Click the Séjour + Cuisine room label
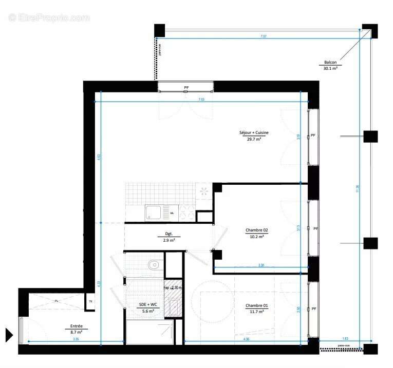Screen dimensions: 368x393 point(254,132)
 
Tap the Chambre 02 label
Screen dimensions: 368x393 point(257,230)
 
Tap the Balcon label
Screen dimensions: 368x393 point(330,63)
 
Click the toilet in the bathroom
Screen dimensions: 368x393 point(153,265)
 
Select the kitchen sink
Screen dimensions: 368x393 point(154,212)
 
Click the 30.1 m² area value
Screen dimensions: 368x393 point(330,68)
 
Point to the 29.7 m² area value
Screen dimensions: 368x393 point(254,139)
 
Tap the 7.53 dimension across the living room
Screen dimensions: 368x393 point(201,99)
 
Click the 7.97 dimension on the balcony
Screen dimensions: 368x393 point(263,36)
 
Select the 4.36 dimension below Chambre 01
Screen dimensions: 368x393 point(246,339)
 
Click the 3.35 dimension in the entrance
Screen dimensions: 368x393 point(76,339)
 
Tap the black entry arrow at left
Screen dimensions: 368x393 point(9,335)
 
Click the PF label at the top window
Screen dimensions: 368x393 point(186,88)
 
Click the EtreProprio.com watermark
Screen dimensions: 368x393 point(49,17)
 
